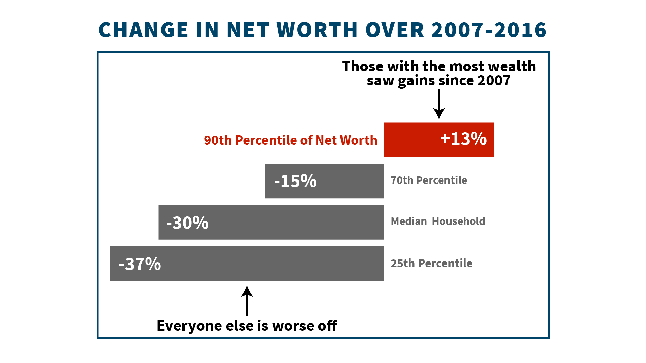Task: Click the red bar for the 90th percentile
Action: (439, 140)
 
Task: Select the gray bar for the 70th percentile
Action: (324, 181)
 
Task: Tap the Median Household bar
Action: (271, 222)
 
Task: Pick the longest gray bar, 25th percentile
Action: (247, 263)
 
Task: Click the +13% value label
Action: (464, 138)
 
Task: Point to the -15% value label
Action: (295, 181)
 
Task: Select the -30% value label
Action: (187, 223)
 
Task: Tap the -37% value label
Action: (140, 264)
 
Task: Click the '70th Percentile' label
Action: (429, 180)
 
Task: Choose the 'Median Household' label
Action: (438, 221)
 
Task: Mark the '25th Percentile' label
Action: (431, 263)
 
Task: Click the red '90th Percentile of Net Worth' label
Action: (291, 140)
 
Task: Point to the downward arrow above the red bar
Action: (439, 104)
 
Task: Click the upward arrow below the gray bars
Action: (247, 301)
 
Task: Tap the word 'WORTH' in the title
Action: (317, 30)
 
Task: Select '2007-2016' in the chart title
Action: (489, 30)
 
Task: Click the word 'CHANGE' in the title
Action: (143, 30)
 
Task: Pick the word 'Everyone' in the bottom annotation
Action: (189, 326)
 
